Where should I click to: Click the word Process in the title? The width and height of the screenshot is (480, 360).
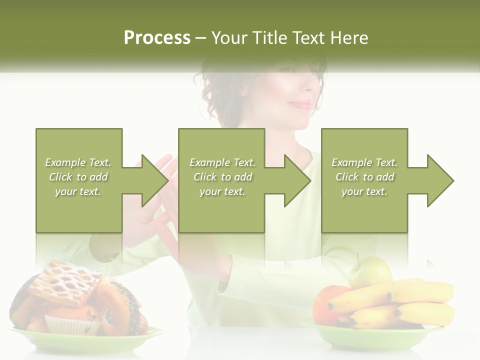157,38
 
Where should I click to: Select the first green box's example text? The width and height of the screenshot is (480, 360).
78,177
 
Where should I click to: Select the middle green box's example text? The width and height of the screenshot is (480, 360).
222,177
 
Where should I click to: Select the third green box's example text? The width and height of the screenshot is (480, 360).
364,177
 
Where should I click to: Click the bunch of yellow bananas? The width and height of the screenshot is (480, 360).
400,302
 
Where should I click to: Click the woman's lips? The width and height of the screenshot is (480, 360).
302,104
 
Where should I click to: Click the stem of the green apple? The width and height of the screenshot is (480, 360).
358,258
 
